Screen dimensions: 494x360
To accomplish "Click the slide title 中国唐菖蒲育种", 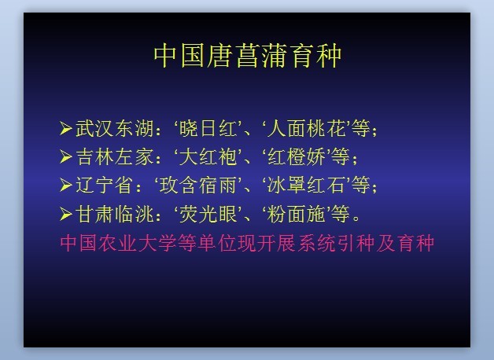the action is [248, 56].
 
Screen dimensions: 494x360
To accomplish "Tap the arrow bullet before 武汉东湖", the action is [66, 128].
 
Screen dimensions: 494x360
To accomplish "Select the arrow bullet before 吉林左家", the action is [66, 156].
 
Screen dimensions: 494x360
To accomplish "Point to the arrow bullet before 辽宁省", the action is [66, 185].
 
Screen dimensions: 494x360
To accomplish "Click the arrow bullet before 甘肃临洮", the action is [66, 214].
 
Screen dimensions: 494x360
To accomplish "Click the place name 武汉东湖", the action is [115, 128].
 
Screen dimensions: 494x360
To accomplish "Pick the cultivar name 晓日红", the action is [208, 128].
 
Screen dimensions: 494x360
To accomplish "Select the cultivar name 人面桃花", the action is [307, 128].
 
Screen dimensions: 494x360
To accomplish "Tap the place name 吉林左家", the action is [115, 156].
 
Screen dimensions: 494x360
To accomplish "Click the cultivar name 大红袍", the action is [208, 156].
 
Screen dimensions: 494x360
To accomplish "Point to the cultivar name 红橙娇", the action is [297, 156].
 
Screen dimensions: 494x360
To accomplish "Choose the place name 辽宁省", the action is [105, 185].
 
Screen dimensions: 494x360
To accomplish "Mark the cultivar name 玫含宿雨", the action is [198, 185].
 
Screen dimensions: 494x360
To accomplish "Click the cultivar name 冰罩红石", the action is [307, 185].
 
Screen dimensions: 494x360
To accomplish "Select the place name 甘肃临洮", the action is [115, 214].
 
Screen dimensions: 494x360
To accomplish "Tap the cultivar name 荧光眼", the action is [208, 214].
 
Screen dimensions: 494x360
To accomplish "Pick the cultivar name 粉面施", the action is [297, 214].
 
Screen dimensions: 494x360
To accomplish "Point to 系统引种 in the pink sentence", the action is [335, 243].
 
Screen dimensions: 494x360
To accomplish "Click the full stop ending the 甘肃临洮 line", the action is [356, 218].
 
